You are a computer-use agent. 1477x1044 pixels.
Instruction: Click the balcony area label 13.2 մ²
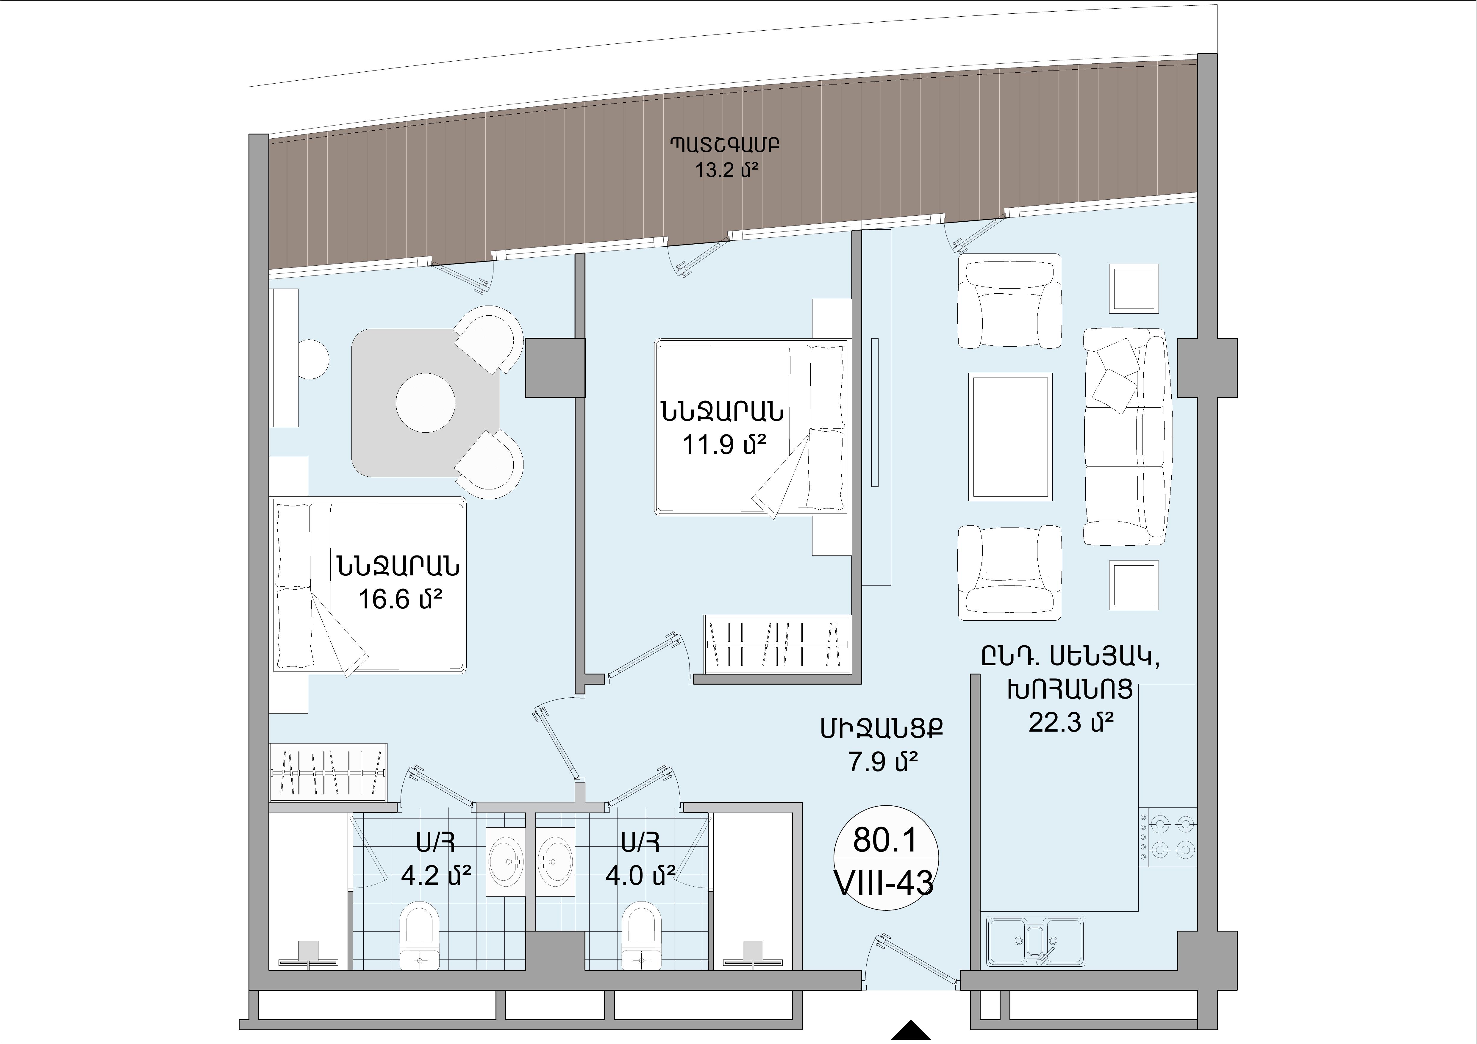pos(724,172)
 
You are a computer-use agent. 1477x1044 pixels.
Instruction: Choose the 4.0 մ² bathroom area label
pos(640,875)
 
